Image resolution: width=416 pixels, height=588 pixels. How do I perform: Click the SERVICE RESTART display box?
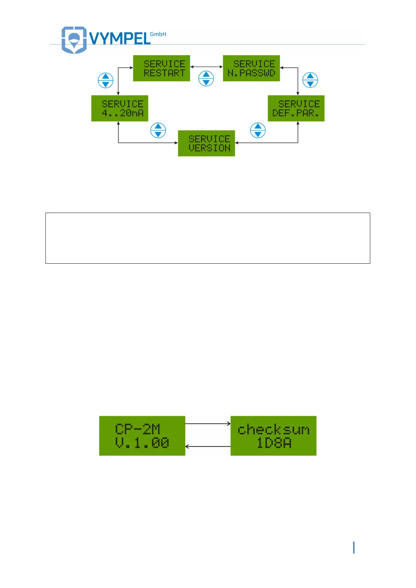tap(161, 68)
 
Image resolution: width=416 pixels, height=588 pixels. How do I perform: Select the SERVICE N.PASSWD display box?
tap(251, 68)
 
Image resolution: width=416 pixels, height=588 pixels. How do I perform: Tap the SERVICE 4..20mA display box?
tap(119, 109)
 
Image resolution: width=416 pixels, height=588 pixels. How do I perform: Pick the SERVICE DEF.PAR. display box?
tap(296, 109)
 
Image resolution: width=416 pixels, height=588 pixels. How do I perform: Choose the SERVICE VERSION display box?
tap(206, 144)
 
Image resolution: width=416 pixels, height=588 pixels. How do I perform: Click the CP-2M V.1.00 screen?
tap(142, 436)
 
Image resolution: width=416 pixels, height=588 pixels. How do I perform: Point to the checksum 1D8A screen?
tap(273, 436)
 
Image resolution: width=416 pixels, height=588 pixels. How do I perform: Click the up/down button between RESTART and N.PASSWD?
tap(206, 79)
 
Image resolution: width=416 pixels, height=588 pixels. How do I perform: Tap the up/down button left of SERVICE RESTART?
tap(105, 81)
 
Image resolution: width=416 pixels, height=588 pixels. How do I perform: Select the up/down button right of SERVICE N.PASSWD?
tap(310, 80)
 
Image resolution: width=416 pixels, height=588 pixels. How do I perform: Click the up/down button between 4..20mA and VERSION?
tap(158, 130)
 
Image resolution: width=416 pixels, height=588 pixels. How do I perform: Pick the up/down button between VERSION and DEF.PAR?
tap(258, 131)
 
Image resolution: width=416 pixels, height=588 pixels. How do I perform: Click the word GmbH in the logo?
tap(158, 34)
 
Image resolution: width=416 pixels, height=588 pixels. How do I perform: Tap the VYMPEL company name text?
tap(120, 38)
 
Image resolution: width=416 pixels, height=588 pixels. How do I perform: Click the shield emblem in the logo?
tap(74, 39)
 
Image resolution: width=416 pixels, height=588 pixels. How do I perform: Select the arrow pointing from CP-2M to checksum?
tap(208, 424)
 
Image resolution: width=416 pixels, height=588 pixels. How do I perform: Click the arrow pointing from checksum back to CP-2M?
tap(208, 447)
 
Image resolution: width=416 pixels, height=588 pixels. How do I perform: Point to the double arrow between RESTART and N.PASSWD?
tap(206, 67)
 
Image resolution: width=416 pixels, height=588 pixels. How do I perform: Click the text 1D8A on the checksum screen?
tap(274, 443)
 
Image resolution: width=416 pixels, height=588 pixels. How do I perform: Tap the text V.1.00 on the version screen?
tap(142, 443)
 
